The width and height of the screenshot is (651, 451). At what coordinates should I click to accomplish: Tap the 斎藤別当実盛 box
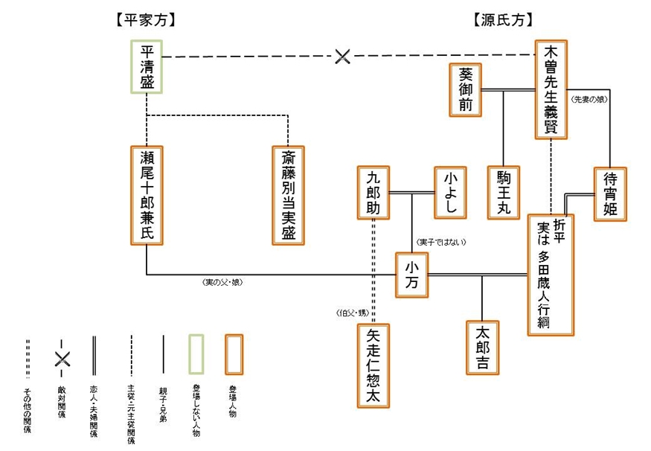tap(288, 195)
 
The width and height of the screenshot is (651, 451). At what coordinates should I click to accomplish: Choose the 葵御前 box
tap(466, 90)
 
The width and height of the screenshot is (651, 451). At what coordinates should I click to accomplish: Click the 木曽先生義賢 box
tap(551, 89)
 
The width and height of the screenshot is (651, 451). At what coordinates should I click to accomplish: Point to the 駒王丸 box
tap(504, 192)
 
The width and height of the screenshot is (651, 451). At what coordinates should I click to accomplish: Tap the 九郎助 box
tap(373, 192)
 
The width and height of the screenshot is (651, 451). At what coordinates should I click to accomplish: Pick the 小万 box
tap(413, 275)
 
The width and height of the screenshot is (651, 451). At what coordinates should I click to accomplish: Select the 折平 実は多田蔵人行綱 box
tap(551, 275)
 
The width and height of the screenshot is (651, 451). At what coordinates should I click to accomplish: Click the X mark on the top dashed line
tap(342, 57)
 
